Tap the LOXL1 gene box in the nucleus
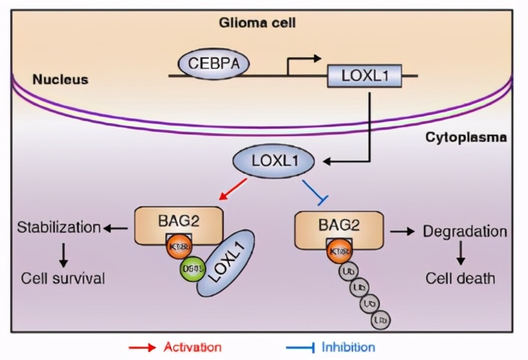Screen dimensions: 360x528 tap(360, 75)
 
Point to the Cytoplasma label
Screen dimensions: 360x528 tap(466, 138)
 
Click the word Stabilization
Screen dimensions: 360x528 tap(58, 227)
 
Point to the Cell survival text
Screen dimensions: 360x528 tap(62, 279)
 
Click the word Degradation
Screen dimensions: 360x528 tap(465, 231)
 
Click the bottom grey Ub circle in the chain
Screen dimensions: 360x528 tap(380, 320)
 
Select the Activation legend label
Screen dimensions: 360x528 tap(191, 347)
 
